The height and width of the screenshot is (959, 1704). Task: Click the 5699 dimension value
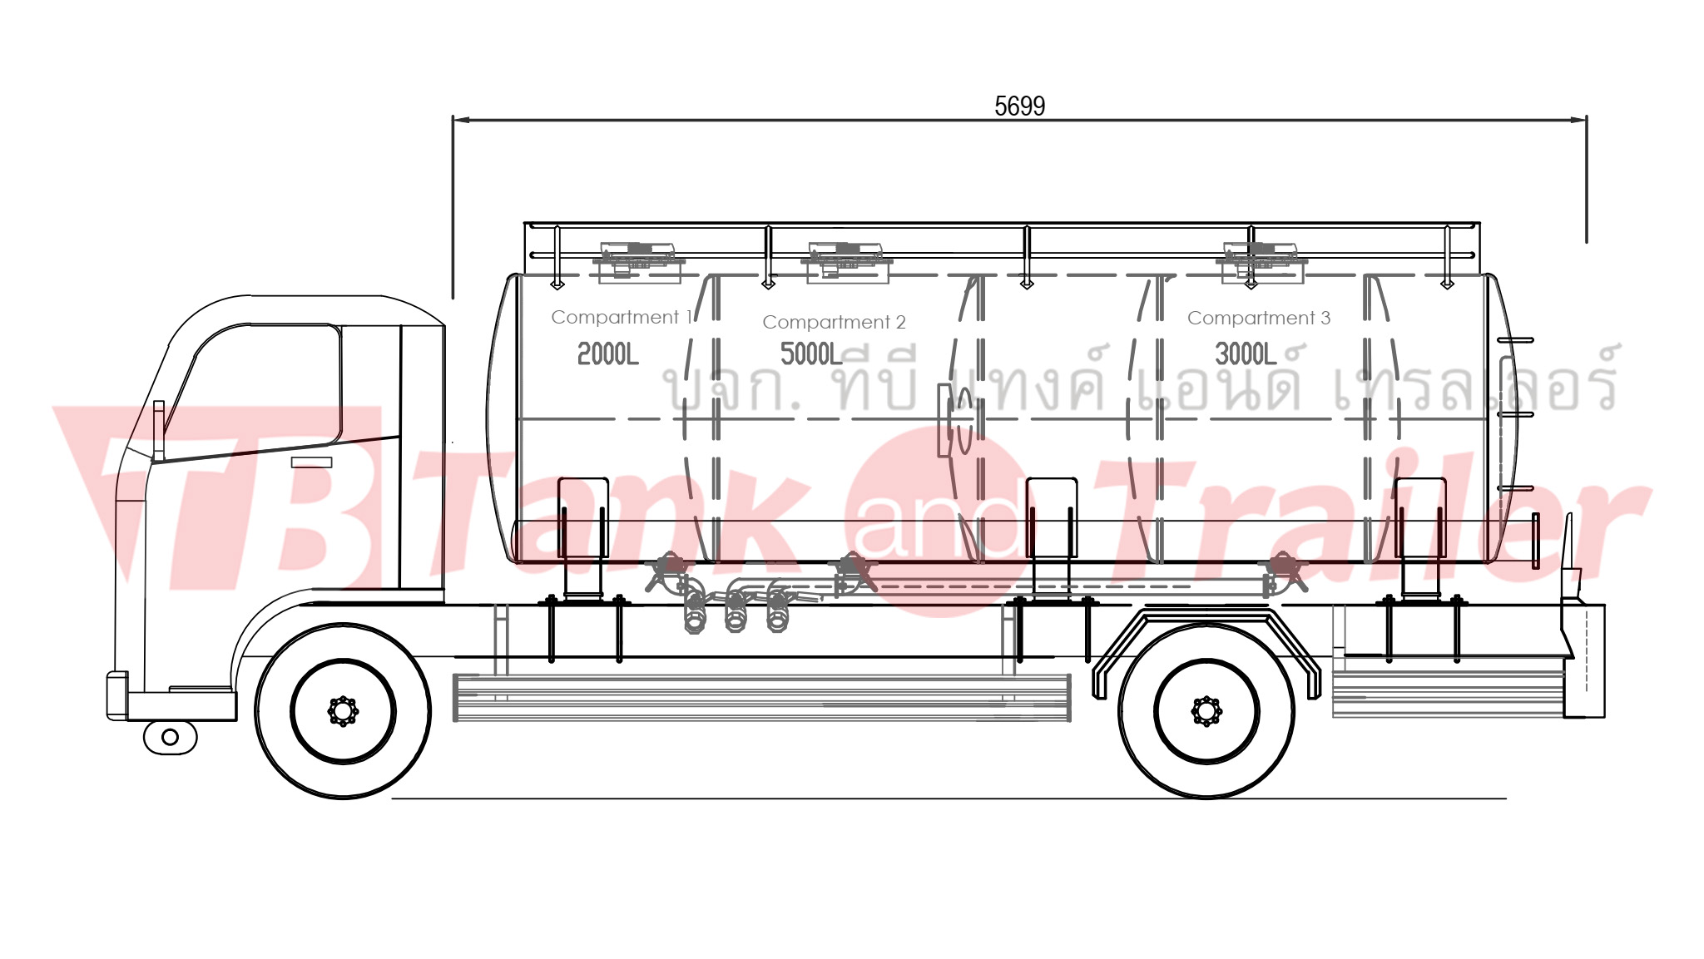[x=1019, y=106]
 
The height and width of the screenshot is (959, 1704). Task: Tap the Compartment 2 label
[x=834, y=322]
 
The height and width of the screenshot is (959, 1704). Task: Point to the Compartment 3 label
[x=1259, y=318]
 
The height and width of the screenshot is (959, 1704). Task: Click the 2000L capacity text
[x=608, y=353]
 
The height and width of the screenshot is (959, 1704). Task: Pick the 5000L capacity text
[x=811, y=353]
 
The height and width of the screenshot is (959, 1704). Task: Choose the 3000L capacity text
[x=1246, y=353]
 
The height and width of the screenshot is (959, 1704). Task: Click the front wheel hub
[x=343, y=711]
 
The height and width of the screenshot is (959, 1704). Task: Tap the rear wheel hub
[x=1206, y=711]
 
